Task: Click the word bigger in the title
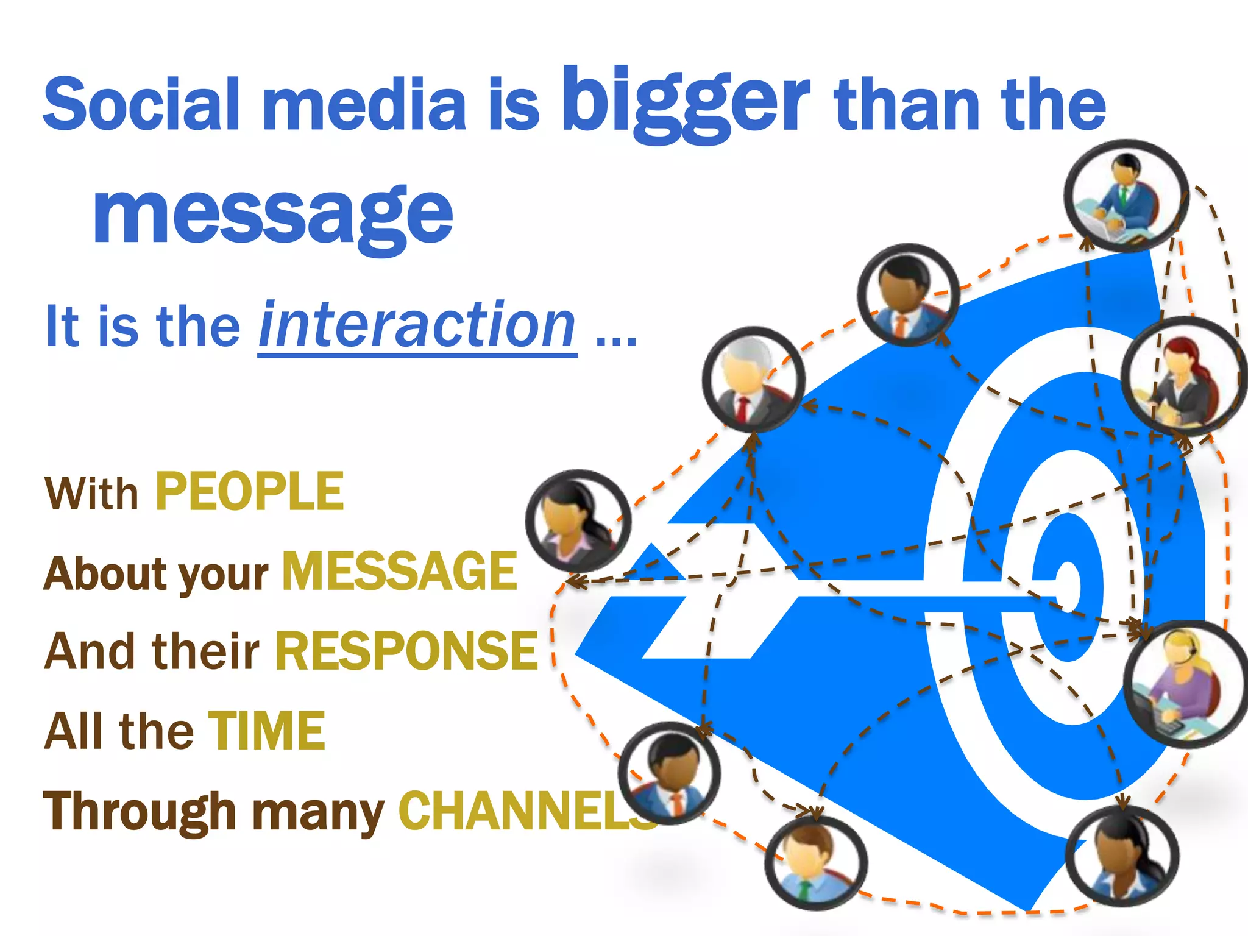685,101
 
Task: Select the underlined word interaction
417,326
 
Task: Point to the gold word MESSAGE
400,571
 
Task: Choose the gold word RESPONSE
406,651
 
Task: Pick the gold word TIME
266,731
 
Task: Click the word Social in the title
141,104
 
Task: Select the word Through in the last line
139,812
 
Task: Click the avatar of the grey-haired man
753,380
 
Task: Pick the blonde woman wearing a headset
1184,684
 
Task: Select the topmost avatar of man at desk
1126,195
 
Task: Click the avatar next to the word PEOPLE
578,520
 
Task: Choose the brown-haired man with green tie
815,863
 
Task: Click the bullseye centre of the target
1068,585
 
